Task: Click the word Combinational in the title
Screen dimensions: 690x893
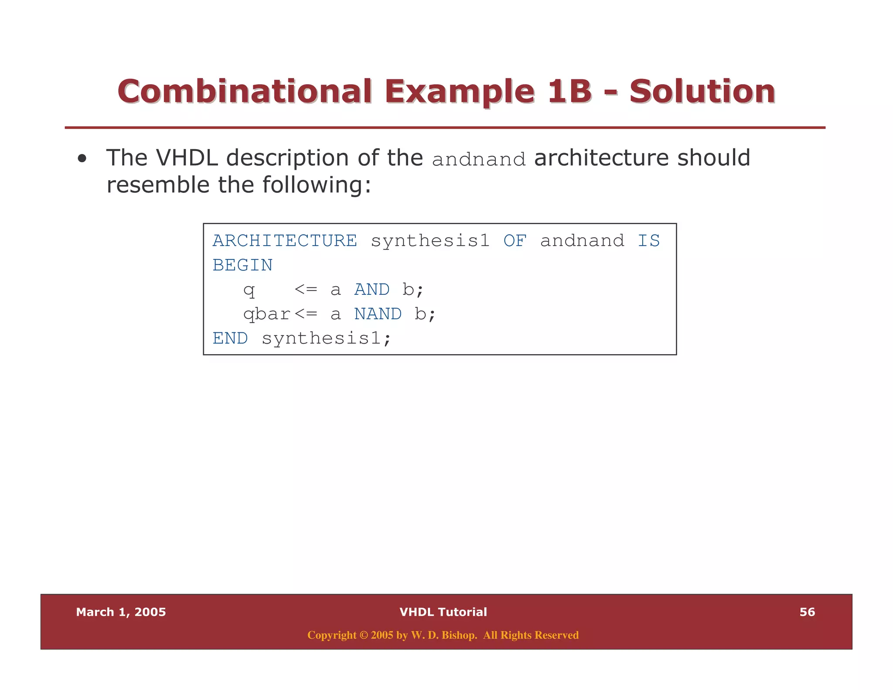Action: pyautogui.click(x=245, y=92)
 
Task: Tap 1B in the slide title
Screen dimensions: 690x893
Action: pyautogui.click(x=569, y=92)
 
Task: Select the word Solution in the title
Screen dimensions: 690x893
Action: pyautogui.click(x=702, y=92)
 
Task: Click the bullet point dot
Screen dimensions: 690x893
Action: pyautogui.click(x=82, y=159)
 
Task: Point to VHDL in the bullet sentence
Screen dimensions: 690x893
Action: pyautogui.click(x=187, y=158)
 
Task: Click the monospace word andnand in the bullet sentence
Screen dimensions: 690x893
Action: pyautogui.click(x=478, y=160)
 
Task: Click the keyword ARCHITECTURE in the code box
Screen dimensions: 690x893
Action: pyautogui.click(x=284, y=241)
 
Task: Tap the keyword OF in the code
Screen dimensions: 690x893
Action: pyautogui.click(x=515, y=241)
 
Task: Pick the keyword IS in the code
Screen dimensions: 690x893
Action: pyautogui.click(x=648, y=241)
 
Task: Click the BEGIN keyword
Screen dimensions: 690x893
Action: pyautogui.click(x=242, y=265)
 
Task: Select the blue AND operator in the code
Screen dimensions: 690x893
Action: pyautogui.click(x=372, y=290)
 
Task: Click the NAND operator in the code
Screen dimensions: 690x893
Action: pyautogui.click(x=378, y=314)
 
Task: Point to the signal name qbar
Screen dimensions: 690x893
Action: pyautogui.click(x=266, y=314)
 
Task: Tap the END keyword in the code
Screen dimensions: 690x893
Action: pyautogui.click(x=230, y=338)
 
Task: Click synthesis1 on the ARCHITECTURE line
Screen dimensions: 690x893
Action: pyautogui.click(x=430, y=241)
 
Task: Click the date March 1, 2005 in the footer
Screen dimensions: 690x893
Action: pyautogui.click(x=121, y=612)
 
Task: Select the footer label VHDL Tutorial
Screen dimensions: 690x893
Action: pyautogui.click(x=443, y=612)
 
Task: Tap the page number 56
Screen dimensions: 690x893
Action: pyautogui.click(x=807, y=612)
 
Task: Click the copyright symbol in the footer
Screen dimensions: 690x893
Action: pyautogui.click(x=363, y=635)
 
